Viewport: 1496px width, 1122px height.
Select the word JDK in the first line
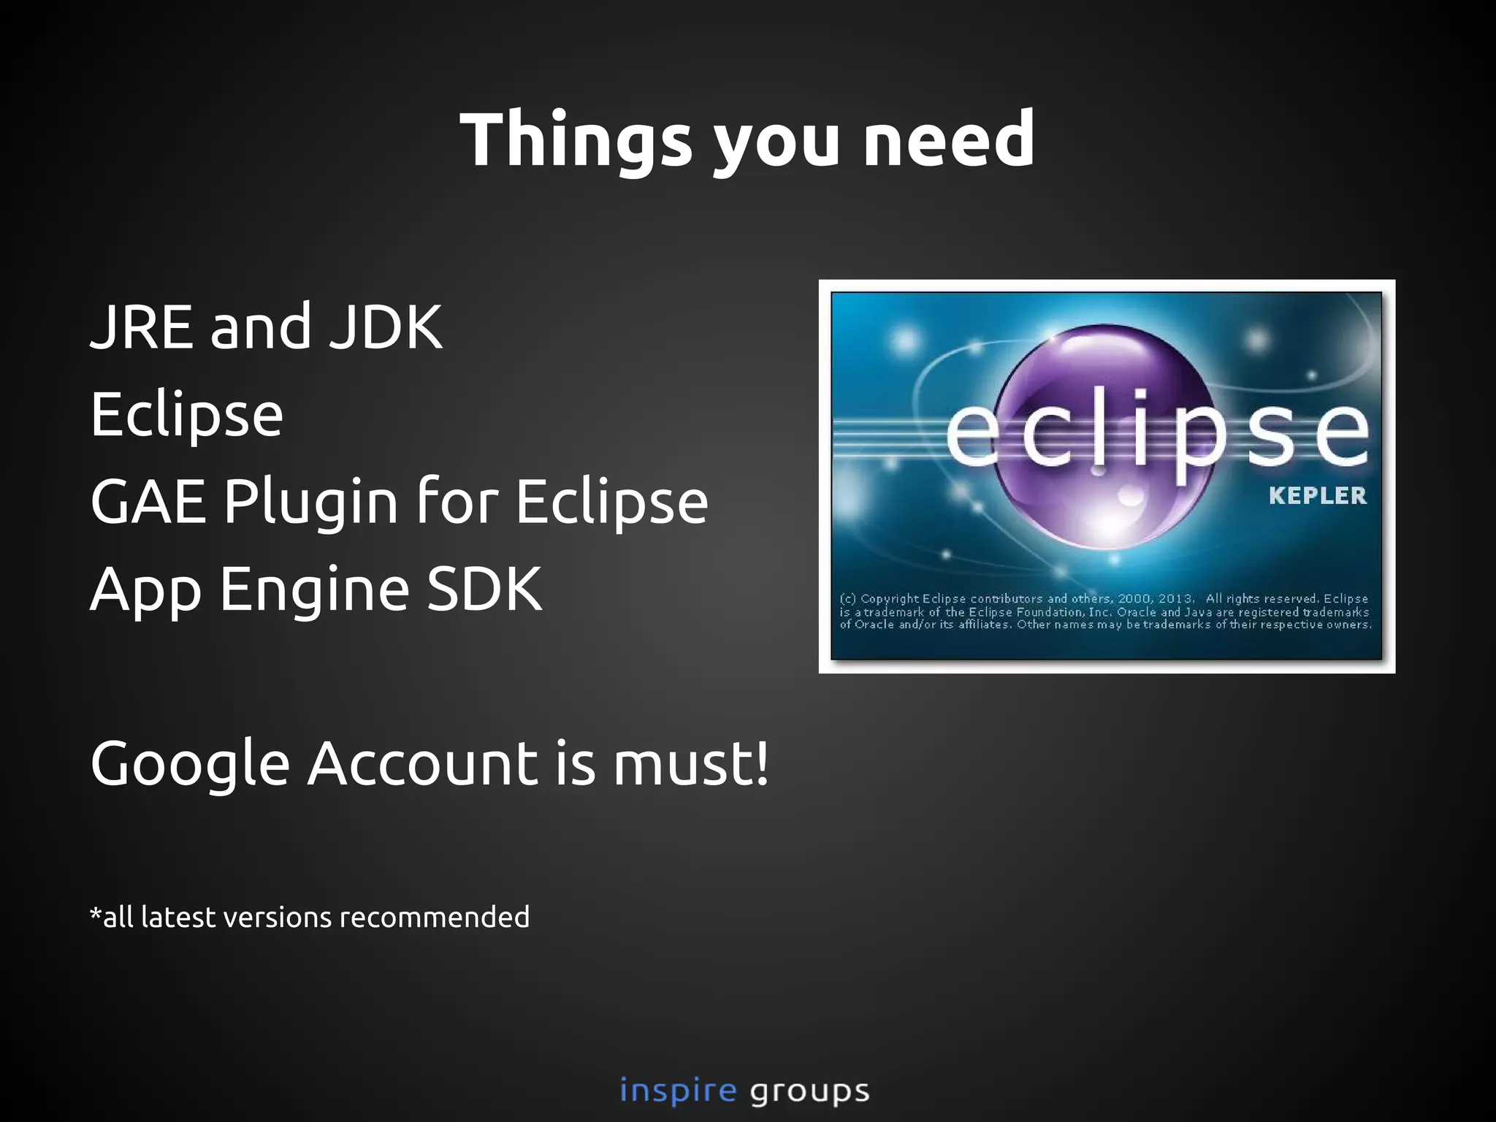coord(385,327)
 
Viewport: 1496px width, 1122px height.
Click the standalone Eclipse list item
coord(187,415)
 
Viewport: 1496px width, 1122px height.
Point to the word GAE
coord(148,502)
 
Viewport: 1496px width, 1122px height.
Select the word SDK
coord(484,589)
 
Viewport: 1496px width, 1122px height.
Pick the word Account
coord(423,763)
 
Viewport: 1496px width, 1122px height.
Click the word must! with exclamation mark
coord(690,764)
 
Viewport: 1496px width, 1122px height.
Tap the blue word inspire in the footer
coord(678,1091)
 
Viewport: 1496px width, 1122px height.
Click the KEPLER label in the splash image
coord(1317,496)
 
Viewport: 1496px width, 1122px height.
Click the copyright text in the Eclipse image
coord(1105,611)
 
